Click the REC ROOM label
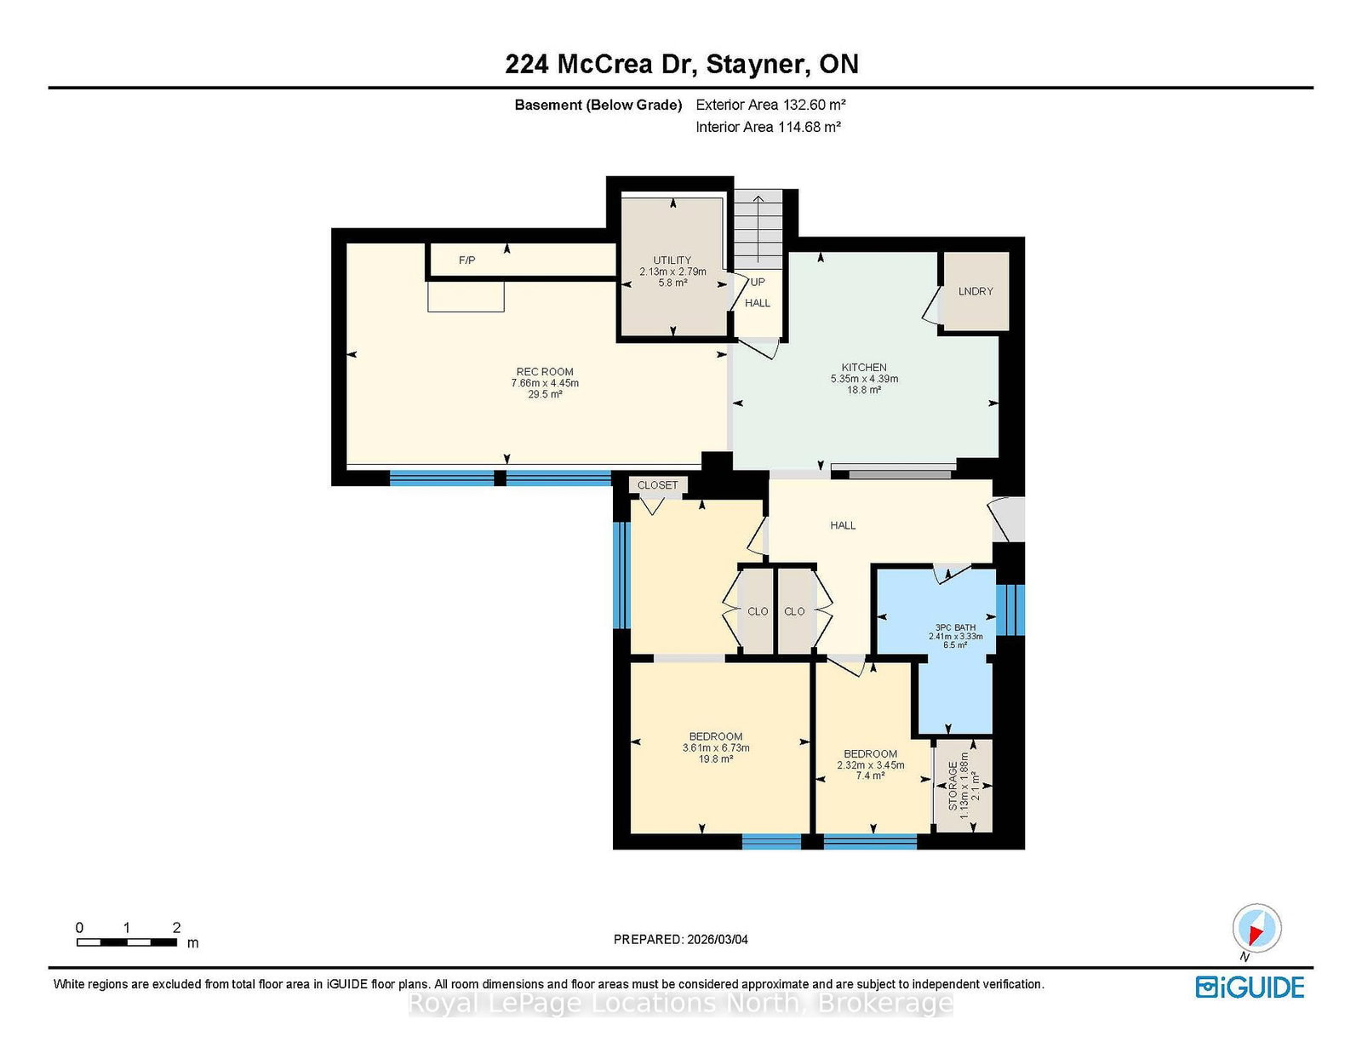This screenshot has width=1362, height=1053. pos(545,372)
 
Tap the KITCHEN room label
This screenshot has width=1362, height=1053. pos(864,367)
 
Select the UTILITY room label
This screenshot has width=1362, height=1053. pos(672,260)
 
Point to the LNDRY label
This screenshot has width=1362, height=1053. pos(976,291)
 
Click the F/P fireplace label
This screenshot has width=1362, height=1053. pos(467,260)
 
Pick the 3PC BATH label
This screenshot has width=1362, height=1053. pos(955,627)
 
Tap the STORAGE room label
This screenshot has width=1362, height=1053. pos(953,786)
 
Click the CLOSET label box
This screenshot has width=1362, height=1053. pos(657,485)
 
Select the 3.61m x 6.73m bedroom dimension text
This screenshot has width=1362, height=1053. pos(716,747)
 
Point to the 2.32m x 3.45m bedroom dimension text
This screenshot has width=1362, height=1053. pos(871,765)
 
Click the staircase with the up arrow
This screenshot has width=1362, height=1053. pos(758,229)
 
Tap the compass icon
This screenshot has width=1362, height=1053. pos(1256,929)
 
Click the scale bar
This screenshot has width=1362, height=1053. pos(127,942)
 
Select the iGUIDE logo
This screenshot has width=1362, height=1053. pos(1250,987)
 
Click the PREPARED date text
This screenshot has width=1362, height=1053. pos(681,940)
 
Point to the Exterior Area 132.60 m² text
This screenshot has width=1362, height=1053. pos(771,105)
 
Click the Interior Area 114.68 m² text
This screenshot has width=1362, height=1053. pos(768,127)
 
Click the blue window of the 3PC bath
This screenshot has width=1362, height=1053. pos(1010,609)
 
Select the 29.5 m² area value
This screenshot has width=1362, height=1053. pos(545,394)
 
